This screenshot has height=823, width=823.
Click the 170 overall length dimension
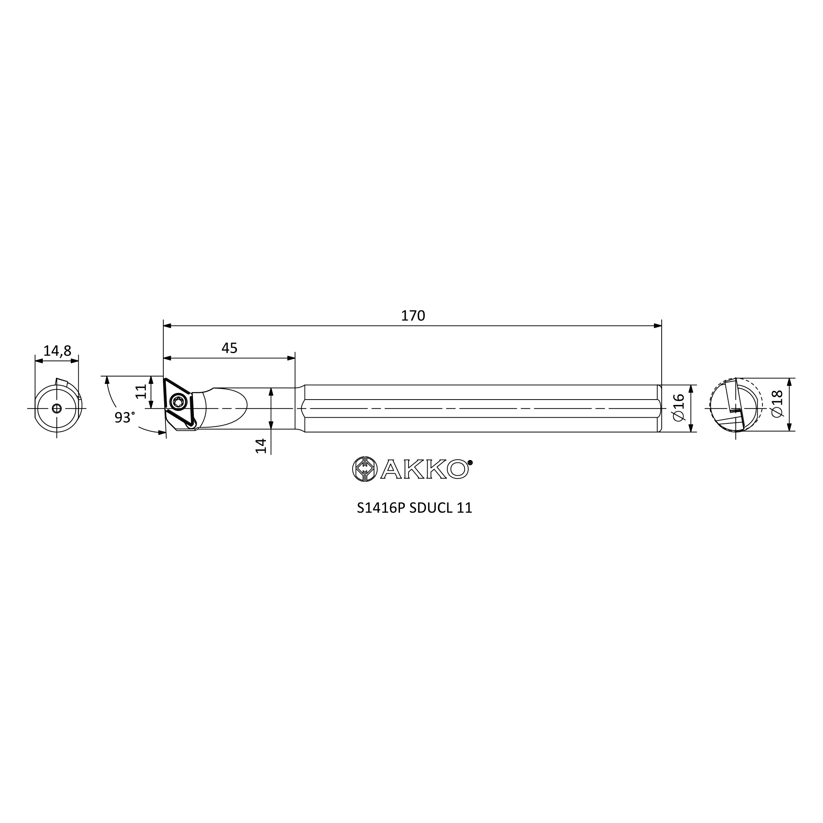(413, 316)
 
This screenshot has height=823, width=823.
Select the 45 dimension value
(229, 348)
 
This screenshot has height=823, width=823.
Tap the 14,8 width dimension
(57, 351)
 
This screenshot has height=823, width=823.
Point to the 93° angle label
(124, 417)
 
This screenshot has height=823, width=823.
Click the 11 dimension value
(141, 391)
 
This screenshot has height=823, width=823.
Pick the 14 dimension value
(261, 446)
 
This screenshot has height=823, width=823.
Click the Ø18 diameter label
(777, 404)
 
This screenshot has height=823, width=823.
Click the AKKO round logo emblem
(365, 469)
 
